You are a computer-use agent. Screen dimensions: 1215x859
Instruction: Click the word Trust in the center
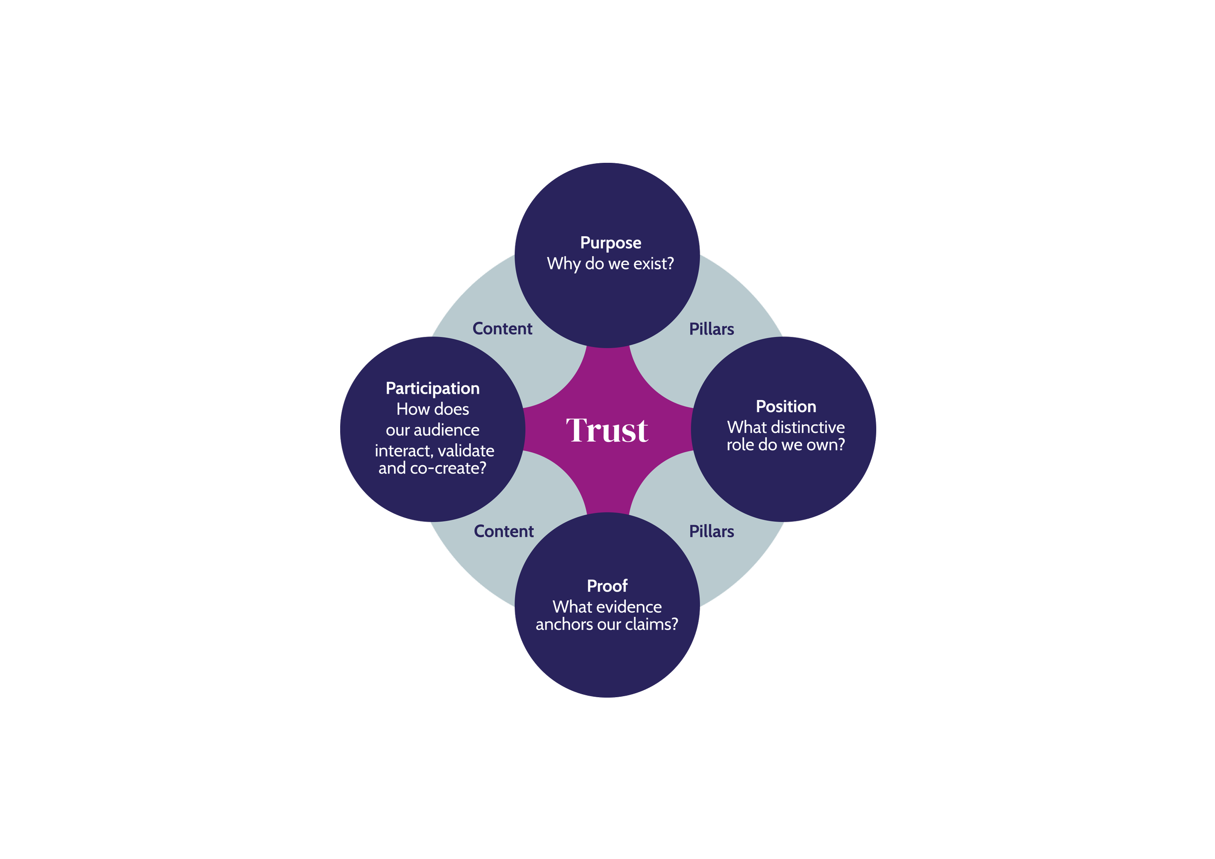[607, 430]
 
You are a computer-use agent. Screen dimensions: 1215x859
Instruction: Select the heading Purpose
[611, 243]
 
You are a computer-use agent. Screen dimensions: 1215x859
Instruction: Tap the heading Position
[786, 406]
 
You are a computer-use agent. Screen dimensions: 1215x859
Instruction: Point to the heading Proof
[607, 586]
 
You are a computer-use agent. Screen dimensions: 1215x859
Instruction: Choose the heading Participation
[433, 388]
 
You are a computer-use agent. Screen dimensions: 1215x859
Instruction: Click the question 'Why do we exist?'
[611, 264]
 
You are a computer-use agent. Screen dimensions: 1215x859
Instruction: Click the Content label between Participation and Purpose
[502, 329]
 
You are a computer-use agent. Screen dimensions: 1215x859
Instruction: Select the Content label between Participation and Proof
[504, 531]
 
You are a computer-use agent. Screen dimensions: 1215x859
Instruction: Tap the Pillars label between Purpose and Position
[711, 329]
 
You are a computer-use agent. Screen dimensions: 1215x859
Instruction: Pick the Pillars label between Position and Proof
[711, 531]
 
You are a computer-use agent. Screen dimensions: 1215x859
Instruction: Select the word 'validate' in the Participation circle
[466, 451]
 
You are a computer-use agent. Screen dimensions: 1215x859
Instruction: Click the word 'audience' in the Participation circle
[447, 430]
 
